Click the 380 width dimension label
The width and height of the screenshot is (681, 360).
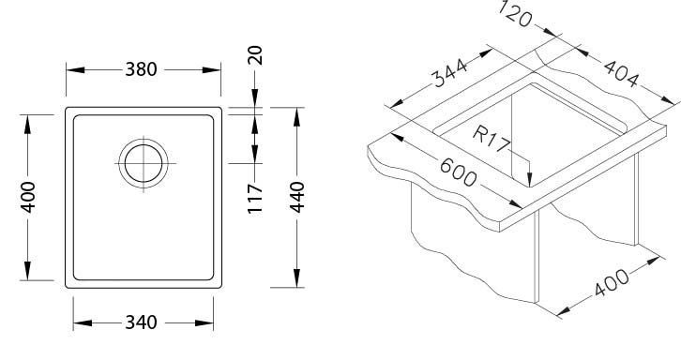(x=141, y=69)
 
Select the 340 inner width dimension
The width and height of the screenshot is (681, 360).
(x=141, y=322)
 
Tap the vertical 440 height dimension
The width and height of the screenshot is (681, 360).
(x=297, y=197)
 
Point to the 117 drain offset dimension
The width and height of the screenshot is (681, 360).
(x=255, y=199)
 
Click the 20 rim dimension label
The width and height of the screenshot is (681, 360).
(x=255, y=55)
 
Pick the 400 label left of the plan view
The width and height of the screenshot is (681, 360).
(x=28, y=197)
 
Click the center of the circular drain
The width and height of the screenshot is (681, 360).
(x=144, y=163)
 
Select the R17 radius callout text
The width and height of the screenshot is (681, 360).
(x=491, y=138)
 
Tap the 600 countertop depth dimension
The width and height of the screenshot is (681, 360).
(x=458, y=172)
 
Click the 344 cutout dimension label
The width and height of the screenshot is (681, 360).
(x=449, y=72)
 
